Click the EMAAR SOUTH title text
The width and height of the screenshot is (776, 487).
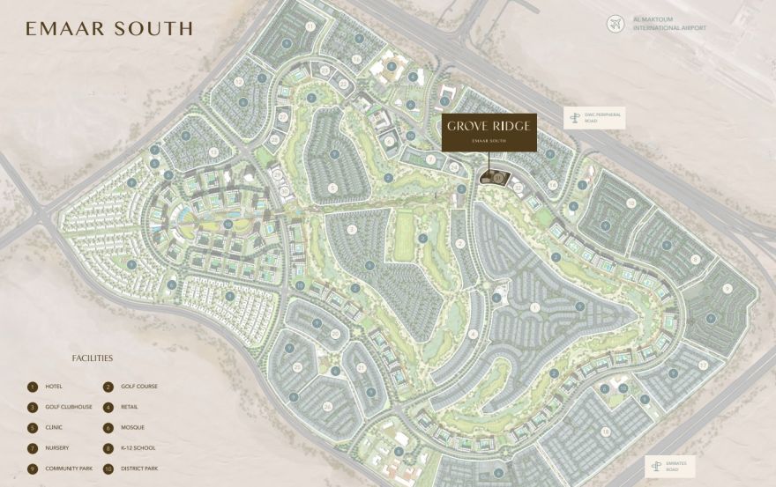[109, 28]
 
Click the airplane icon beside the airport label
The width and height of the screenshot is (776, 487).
[616, 23]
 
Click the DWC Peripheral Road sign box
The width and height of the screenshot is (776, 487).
[593, 117]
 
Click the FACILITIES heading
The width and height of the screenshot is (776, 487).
[93, 358]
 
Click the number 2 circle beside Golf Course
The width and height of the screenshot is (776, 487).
[108, 387]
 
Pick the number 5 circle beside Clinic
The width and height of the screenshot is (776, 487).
[33, 428]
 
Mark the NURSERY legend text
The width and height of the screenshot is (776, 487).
[56, 448]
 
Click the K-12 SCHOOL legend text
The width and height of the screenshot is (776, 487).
[140, 448]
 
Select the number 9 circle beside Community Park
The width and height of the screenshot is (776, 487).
[33, 469]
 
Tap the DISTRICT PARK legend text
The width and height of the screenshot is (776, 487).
[143, 469]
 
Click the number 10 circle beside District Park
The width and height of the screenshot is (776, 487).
[108, 469]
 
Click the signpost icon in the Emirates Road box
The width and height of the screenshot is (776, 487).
[655, 465]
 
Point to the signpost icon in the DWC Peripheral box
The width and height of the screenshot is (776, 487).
[576, 117]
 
